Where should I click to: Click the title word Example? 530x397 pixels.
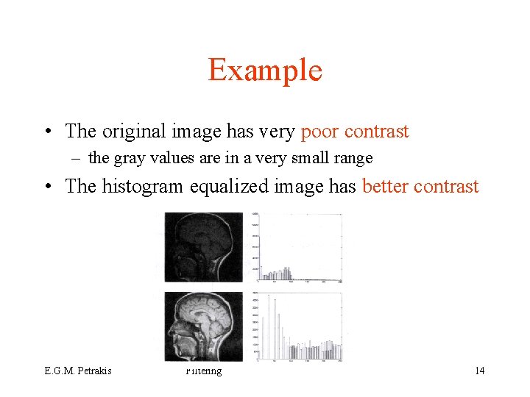(265, 70)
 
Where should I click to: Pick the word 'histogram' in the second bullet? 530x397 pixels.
(144, 186)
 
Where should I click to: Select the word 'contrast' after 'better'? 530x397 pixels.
(446, 186)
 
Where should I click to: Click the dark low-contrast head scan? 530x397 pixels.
(204, 247)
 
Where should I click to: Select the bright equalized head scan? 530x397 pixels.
(204, 326)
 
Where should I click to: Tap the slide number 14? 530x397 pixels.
(479, 371)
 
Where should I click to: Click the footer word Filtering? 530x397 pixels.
(204, 371)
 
